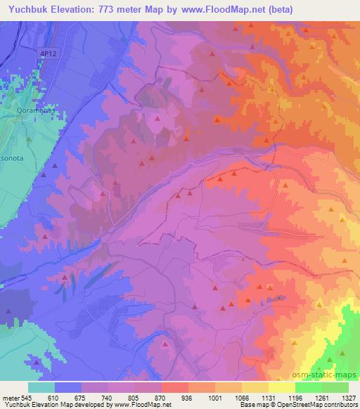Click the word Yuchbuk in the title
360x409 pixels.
point(30,9)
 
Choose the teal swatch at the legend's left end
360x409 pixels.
point(41,387)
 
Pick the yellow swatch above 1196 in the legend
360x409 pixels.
point(281,387)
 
